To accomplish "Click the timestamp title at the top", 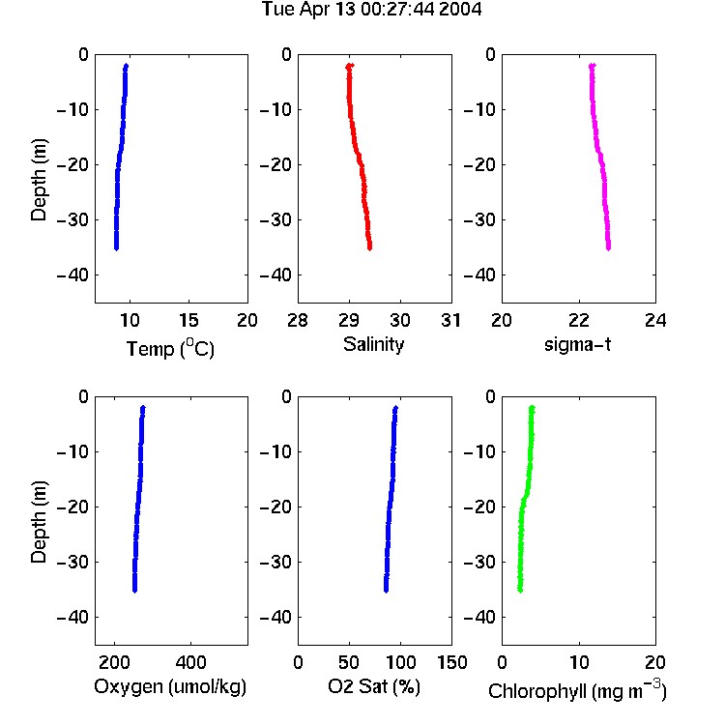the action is tap(372, 10).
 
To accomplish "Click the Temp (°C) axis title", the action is tap(170, 348).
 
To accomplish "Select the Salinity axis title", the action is tap(373, 345).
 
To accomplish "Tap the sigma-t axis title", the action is tap(577, 344).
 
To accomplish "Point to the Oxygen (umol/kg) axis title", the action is tap(170, 687).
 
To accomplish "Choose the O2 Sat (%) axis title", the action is tap(374, 686).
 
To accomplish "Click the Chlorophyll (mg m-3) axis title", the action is tap(577, 689).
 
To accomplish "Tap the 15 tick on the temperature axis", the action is tap(188, 320).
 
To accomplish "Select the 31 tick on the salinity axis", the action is tap(450, 320).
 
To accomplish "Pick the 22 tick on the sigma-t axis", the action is tap(578, 320).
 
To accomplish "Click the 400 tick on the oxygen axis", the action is tap(190, 662).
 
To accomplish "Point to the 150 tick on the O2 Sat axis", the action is tap(451, 662).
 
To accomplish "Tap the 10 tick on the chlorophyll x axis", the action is tap(579, 662).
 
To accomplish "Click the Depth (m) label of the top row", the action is tap(39, 180).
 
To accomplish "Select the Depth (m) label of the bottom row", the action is tap(39, 522).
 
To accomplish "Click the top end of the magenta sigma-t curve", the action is tap(592, 66).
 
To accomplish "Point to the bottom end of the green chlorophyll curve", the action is tap(520, 591).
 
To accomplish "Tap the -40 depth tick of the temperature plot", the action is tap(72, 275).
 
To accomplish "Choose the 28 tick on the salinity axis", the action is tap(298, 320).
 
